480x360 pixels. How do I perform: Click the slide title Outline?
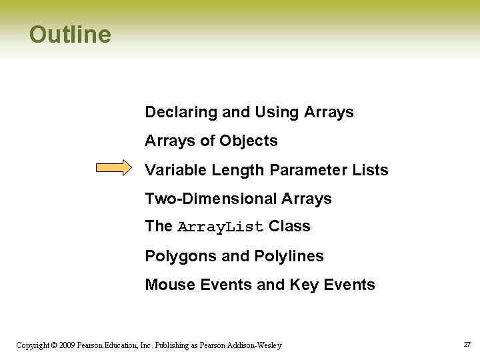click(70, 35)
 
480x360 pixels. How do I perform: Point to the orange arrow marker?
click(114, 168)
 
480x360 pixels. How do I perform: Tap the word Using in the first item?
click(277, 113)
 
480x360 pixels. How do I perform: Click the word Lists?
click(370, 170)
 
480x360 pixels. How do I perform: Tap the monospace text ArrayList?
click(221, 227)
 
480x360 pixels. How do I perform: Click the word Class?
click(289, 227)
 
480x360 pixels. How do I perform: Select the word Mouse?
click(167, 285)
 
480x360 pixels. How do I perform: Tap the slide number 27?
click(467, 345)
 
